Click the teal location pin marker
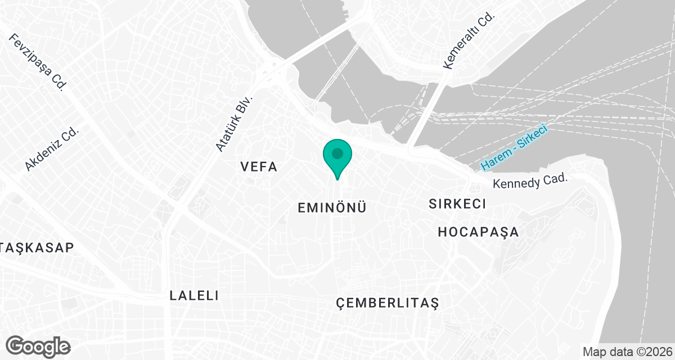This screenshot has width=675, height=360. (x=337, y=157)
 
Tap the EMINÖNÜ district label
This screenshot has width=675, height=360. (x=332, y=208)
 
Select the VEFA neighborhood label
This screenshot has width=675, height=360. (x=259, y=166)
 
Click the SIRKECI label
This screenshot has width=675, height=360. (x=457, y=204)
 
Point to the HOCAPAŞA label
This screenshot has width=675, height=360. (x=478, y=232)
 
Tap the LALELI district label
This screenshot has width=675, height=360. (x=193, y=295)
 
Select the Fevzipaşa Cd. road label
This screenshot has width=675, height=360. (x=38, y=62)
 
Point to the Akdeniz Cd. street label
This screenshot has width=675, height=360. (x=52, y=148)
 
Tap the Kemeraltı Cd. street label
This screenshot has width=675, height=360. (x=468, y=41)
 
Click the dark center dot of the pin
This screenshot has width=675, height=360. (x=337, y=153)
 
